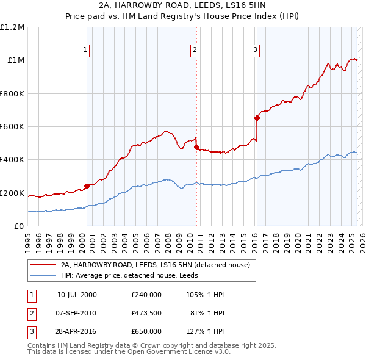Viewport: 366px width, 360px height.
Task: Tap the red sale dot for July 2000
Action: point(87,186)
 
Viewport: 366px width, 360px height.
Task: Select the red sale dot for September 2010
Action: point(196,147)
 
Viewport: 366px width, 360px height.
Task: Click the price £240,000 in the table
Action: point(146,295)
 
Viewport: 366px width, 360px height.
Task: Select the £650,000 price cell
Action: point(146,331)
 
